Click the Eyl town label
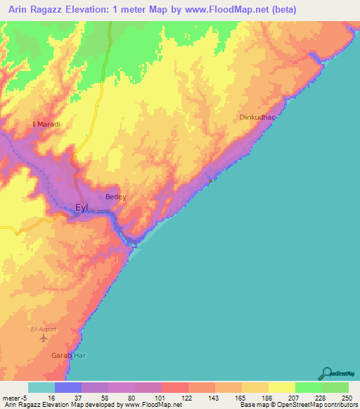coord(82,207)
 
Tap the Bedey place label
coord(115,197)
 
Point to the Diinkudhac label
coord(256,117)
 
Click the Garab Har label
coord(67,355)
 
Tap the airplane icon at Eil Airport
coord(44,338)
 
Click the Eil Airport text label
coord(44,327)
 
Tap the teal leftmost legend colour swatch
coord(41,387)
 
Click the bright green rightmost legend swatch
coord(335,387)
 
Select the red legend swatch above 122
coord(174,387)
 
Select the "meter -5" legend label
coord(14,398)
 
